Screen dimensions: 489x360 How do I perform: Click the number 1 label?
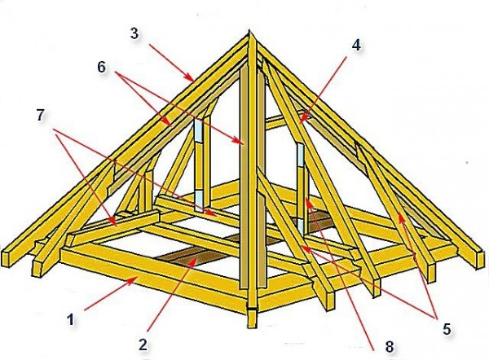tap(72, 319)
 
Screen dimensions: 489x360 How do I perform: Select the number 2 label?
tap(143, 345)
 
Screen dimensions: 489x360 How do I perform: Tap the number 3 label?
tap(134, 33)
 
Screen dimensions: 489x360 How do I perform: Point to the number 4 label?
tap(356, 46)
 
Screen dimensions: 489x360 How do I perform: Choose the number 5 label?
tap(447, 329)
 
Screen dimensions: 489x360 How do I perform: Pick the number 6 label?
tap(102, 67)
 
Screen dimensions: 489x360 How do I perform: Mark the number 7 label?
tap(41, 116)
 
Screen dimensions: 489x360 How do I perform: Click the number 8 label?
tap(390, 347)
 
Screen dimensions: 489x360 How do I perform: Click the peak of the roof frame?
tap(249, 31)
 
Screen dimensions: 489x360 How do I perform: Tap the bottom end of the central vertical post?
tap(252, 327)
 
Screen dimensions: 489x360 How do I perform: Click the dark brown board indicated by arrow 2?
tap(192, 257)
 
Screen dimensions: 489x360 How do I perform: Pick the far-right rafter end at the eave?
tap(482, 261)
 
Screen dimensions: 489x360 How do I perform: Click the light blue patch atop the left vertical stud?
tap(199, 129)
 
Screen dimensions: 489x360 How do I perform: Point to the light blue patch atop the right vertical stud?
tap(300, 154)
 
